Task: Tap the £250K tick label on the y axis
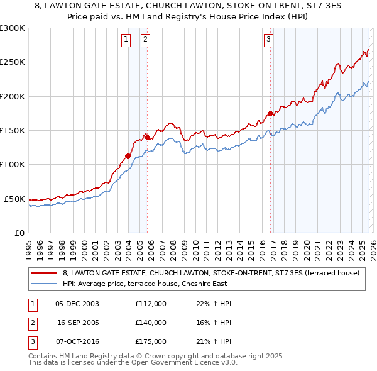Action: pos(13,62)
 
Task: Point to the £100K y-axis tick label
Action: pos(13,164)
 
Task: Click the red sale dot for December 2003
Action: pos(128,156)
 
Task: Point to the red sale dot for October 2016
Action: pos(270,113)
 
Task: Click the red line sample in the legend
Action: pos(45,274)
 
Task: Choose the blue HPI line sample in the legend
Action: pos(45,284)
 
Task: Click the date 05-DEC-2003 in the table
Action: pos(77,304)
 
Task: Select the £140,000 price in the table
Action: pos(151,323)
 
